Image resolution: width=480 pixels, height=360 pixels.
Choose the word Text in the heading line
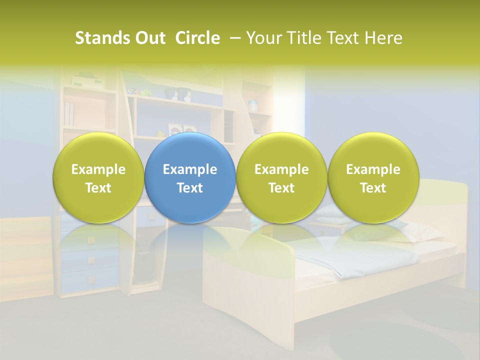338,38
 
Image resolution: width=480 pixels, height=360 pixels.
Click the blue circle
190,177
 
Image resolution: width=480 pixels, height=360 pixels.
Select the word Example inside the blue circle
190,169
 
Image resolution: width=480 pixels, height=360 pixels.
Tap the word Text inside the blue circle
190,188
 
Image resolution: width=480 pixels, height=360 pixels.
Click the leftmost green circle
98,177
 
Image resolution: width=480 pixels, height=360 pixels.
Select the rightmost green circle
373,177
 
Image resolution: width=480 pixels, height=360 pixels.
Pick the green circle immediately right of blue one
281,177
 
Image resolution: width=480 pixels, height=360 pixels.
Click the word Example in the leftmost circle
98,169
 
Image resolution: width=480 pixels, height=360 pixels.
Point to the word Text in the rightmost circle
373,188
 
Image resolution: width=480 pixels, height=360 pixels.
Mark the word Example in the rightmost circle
373,169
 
